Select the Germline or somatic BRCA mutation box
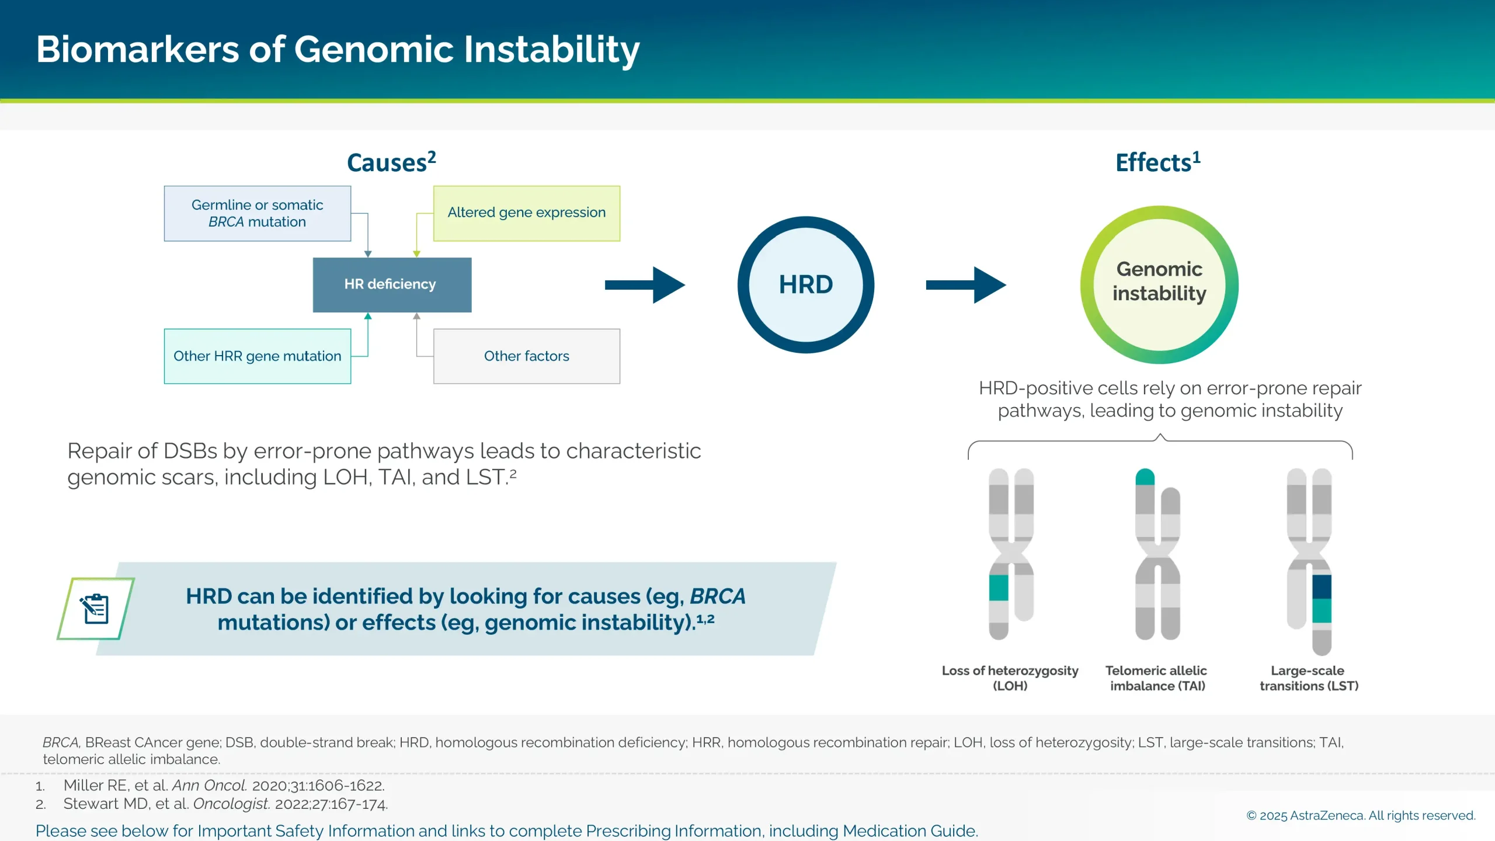pyautogui.click(x=258, y=213)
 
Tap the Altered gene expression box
pyautogui.click(x=526, y=213)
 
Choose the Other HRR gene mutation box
pyautogui.click(x=258, y=356)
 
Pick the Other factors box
pyautogui.click(x=526, y=356)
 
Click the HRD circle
pyautogui.click(x=805, y=284)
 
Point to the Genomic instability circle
pyautogui.click(x=1159, y=284)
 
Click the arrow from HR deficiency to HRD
pyautogui.click(x=645, y=284)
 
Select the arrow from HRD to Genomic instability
pyautogui.click(x=966, y=284)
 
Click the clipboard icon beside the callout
pyautogui.click(x=96, y=609)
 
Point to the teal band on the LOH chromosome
pyautogui.click(x=999, y=588)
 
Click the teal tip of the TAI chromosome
pyautogui.click(x=1145, y=477)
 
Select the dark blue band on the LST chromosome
pyautogui.click(x=1322, y=586)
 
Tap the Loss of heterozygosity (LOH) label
pyautogui.click(x=1010, y=678)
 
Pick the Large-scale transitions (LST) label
pyautogui.click(x=1309, y=678)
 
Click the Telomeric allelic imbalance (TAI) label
pyautogui.click(x=1156, y=678)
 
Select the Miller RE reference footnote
pyautogui.click(x=224, y=786)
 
